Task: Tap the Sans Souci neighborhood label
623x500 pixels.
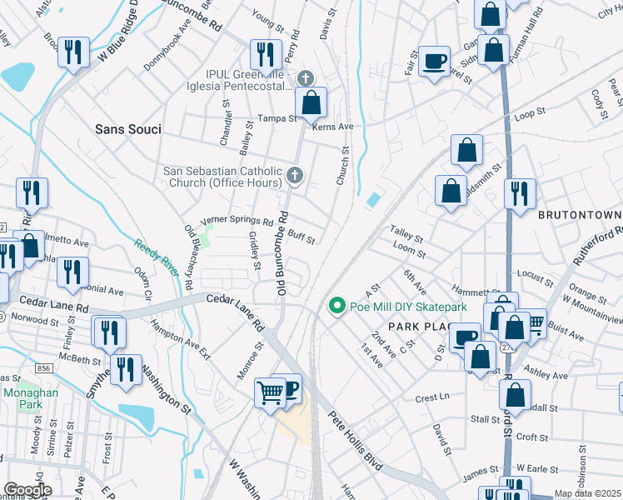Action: [127, 130]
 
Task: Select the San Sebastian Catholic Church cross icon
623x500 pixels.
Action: [294, 175]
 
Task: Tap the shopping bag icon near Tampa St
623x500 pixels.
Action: [311, 103]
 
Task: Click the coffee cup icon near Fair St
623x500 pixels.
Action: [434, 62]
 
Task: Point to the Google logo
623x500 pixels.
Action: [27, 490]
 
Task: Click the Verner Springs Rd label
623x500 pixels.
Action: [237, 222]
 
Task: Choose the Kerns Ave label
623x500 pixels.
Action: [333, 127]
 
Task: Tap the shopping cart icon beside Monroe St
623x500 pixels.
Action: [270, 391]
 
